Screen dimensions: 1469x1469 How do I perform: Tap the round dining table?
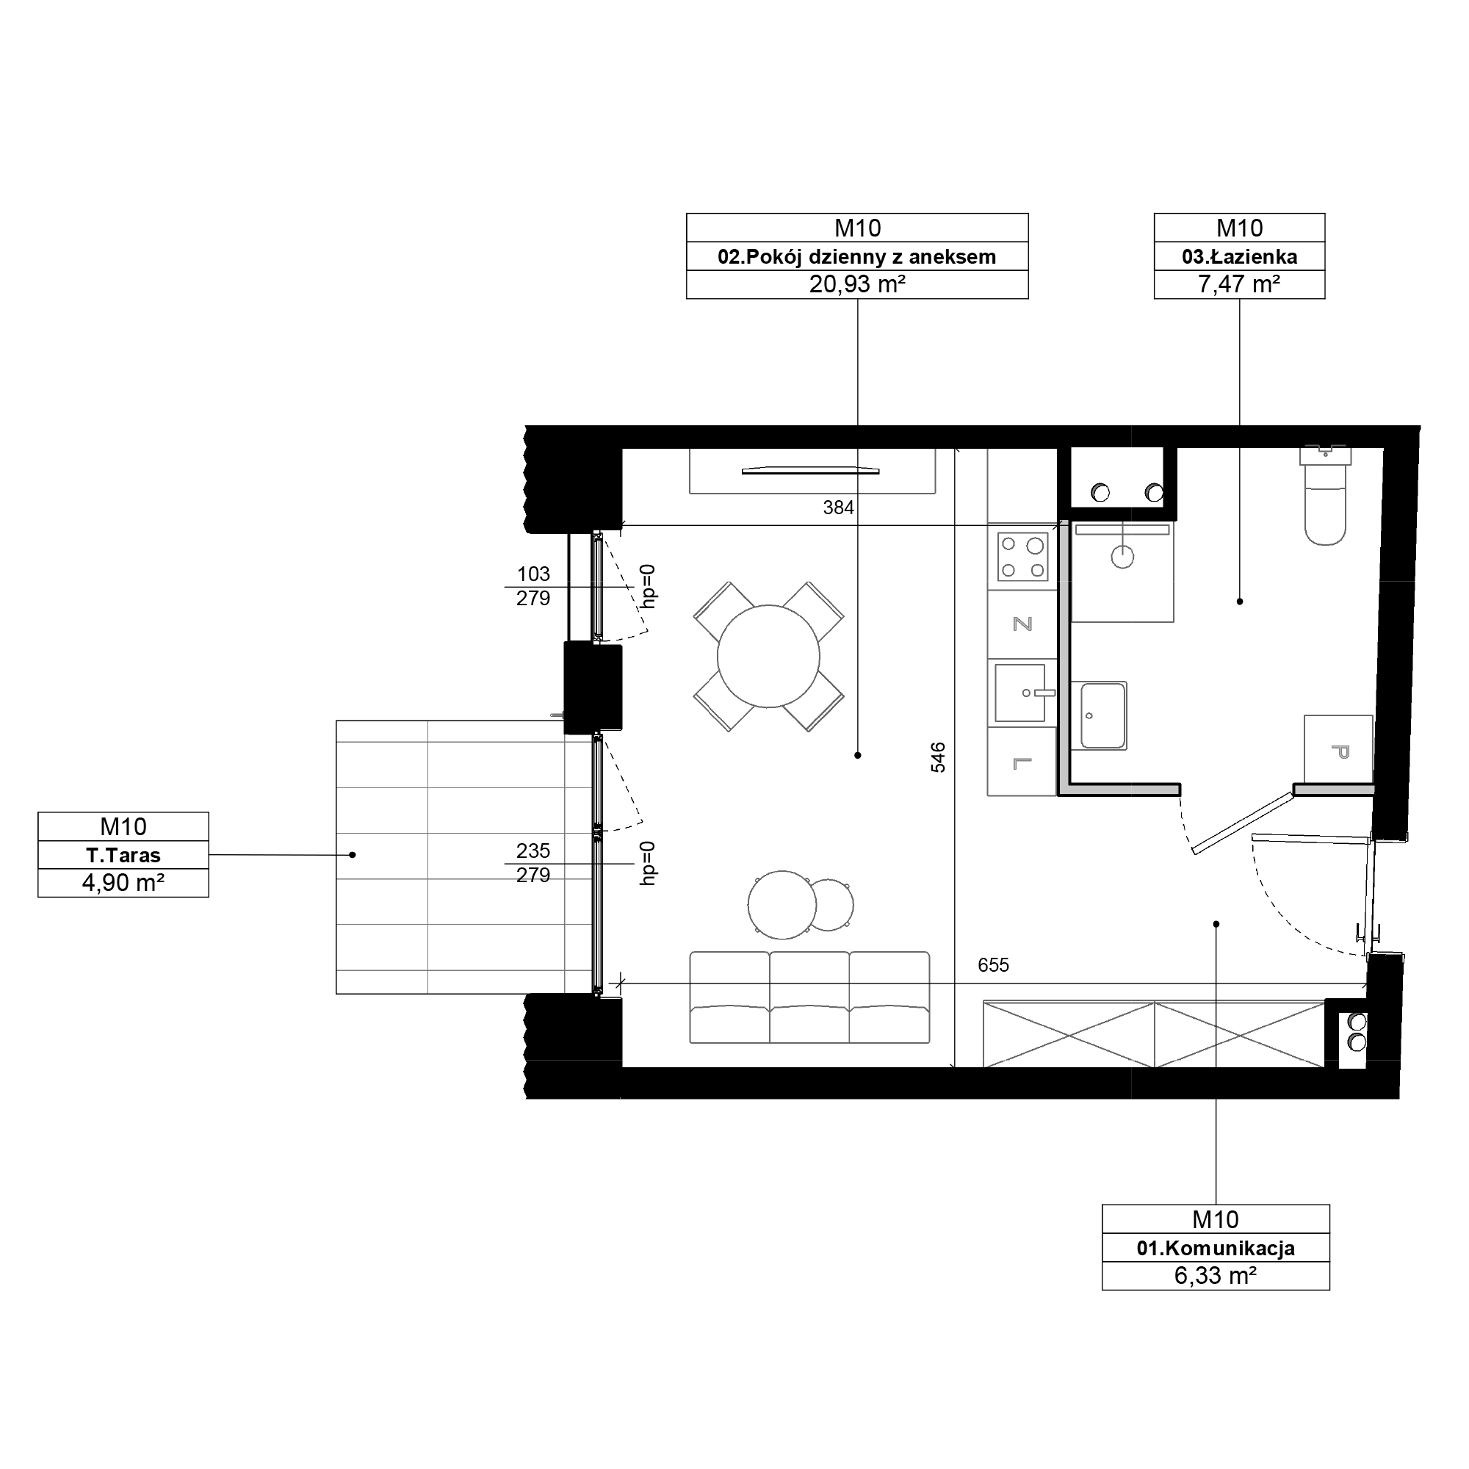click(x=768, y=656)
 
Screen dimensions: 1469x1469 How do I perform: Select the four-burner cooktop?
click(x=1022, y=557)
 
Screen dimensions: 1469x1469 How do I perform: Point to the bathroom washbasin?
click(x=1102, y=715)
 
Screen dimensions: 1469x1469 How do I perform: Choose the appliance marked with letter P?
click(x=1338, y=749)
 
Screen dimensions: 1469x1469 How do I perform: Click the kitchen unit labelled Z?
click(x=1022, y=624)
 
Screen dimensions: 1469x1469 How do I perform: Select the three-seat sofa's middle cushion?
click(x=809, y=997)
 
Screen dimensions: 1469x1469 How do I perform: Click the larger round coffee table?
click(x=782, y=905)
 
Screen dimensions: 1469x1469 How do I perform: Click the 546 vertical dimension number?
click(x=938, y=758)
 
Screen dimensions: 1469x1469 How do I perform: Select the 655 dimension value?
click(x=993, y=965)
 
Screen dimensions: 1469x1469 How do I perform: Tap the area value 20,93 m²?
click(x=857, y=284)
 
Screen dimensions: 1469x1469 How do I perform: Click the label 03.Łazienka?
click(x=1239, y=257)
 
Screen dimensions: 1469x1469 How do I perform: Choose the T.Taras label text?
click(x=123, y=856)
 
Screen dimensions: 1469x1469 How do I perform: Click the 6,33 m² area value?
click(x=1215, y=1275)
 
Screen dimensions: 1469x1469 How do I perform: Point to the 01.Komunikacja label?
click(x=1215, y=1248)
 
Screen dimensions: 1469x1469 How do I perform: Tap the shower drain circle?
click(x=1122, y=557)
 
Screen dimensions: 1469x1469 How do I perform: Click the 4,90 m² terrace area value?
click(x=123, y=883)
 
